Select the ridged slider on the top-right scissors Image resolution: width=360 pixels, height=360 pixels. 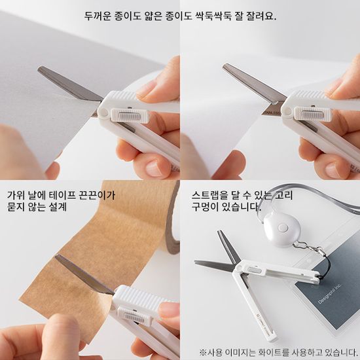(307, 116)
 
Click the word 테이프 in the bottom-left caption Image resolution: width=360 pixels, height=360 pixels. (73, 195)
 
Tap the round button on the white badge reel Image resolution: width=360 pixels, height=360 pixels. (285, 229)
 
